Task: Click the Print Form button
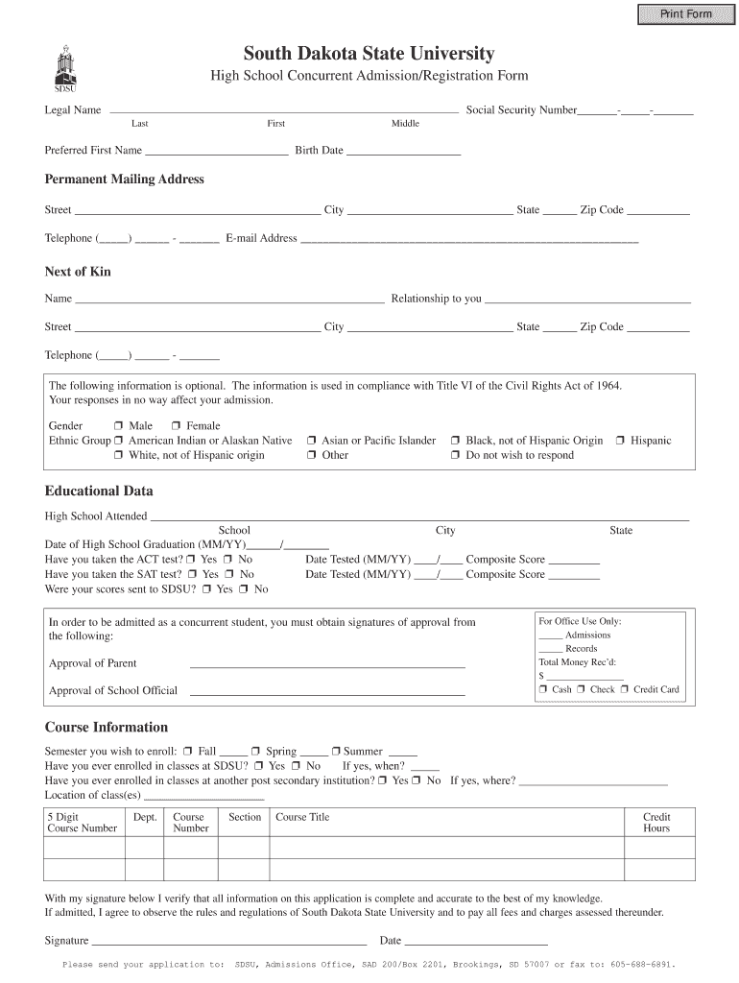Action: point(685,13)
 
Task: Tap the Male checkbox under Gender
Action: point(118,426)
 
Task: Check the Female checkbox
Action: point(177,426)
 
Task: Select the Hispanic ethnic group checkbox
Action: point(620,441)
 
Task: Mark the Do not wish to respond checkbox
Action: point(456,456)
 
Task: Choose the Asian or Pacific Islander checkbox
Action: point(312,441)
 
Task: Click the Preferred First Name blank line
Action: point(216,152)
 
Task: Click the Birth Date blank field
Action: point(403,152)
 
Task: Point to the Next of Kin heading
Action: point(78,272)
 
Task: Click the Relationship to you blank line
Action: point(587,300)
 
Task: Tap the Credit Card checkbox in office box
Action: point(624,689)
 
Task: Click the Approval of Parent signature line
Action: point(327,664)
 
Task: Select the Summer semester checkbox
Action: point(337,752)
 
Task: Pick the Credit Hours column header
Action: point(656,823)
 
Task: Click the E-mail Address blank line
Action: point(469,240)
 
